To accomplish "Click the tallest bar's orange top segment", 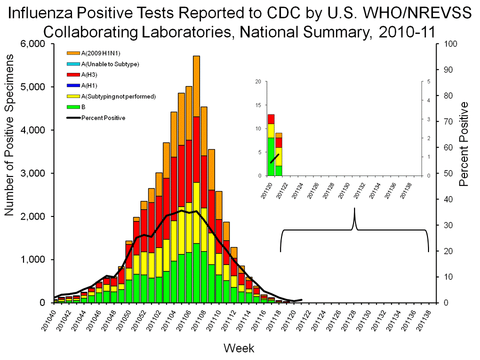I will pos(196,85).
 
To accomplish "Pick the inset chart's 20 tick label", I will pos(258,81).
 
